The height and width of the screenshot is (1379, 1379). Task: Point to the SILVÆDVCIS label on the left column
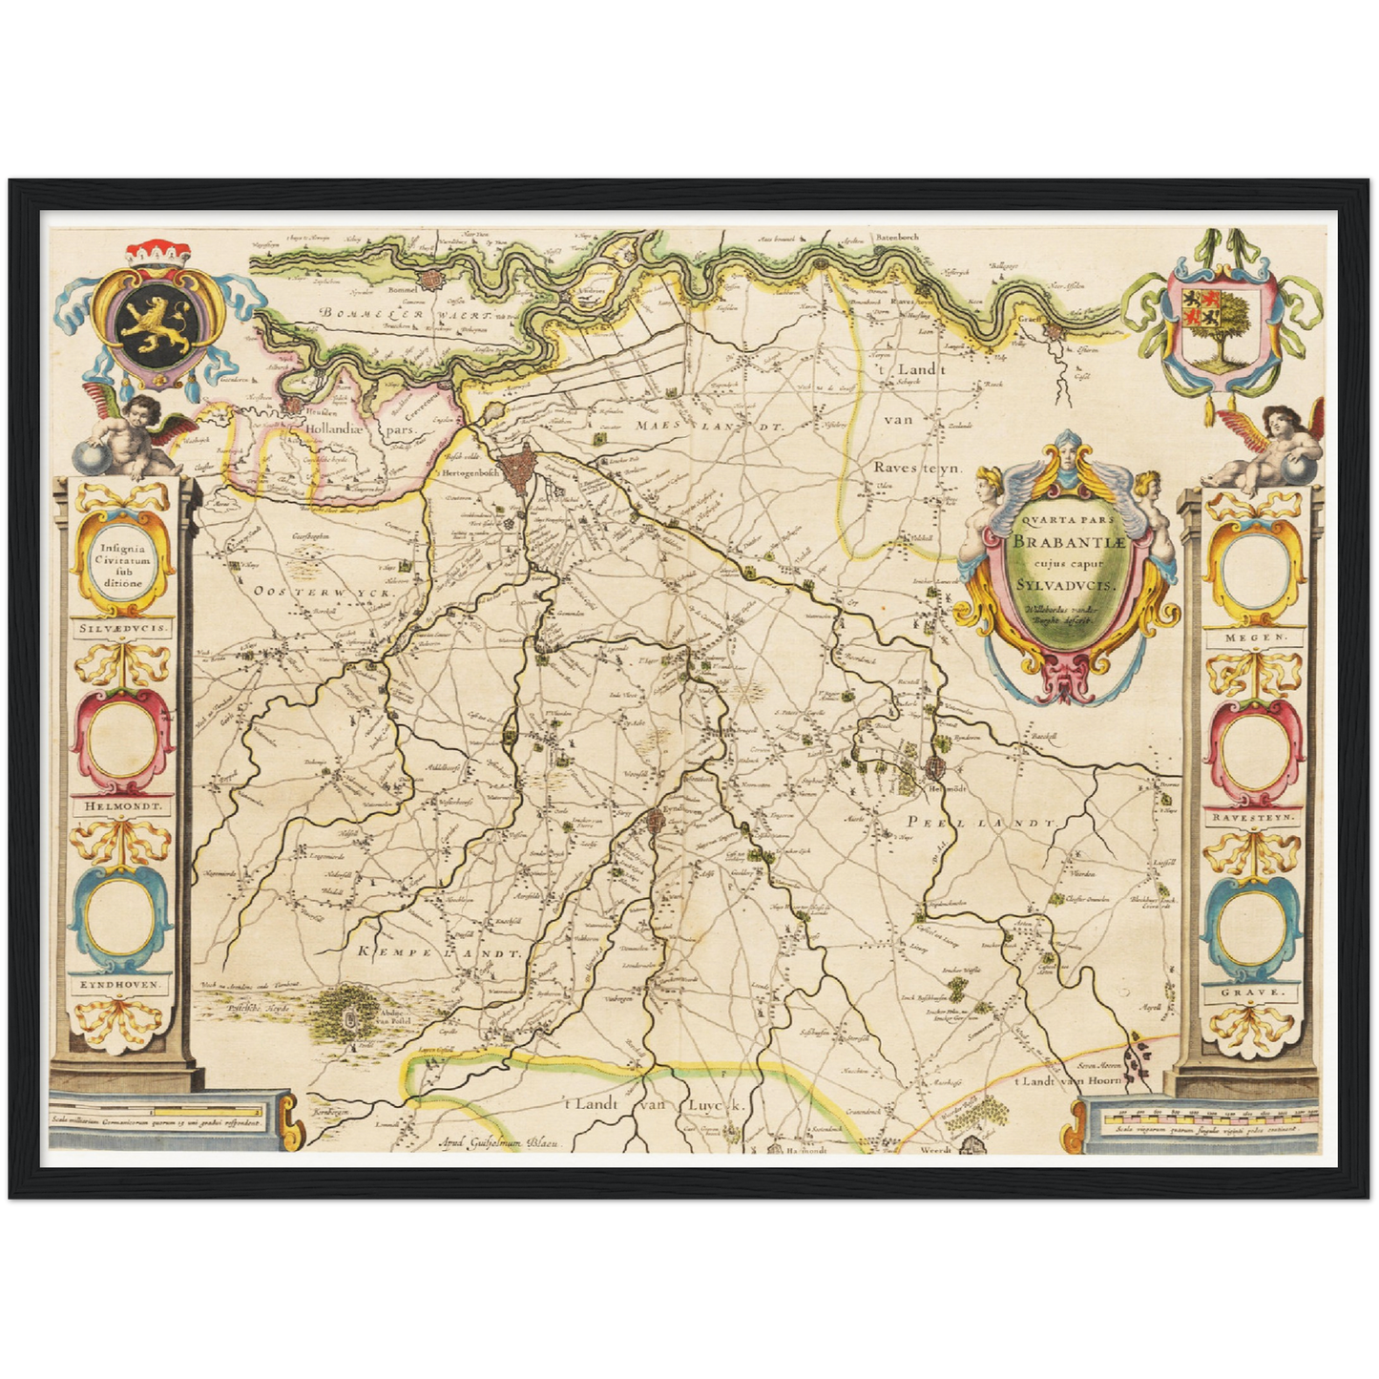[122, 630]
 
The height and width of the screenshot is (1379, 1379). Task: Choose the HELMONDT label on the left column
[122, 805]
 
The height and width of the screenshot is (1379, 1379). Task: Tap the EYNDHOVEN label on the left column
[122, 982]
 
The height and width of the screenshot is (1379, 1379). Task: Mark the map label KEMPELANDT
[440, 952]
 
